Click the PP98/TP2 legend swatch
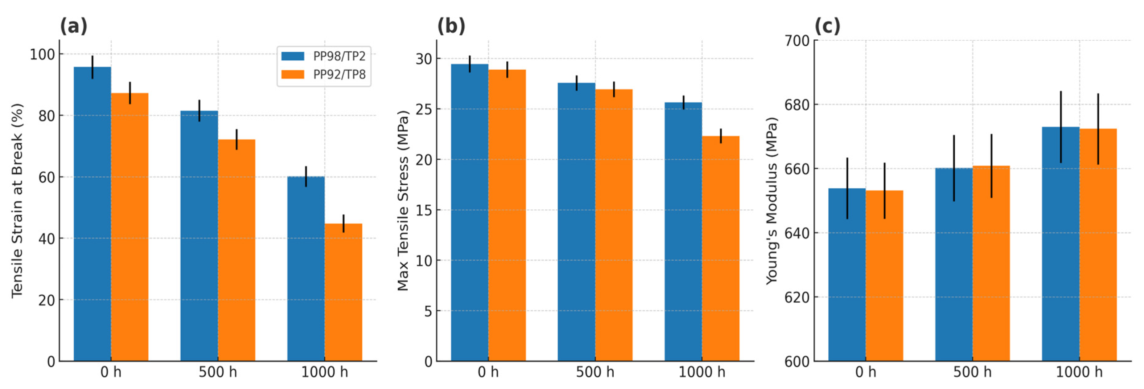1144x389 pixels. coord(293,56)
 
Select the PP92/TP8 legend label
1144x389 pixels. coord(339,75)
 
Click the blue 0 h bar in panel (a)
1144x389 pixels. coord(93,213)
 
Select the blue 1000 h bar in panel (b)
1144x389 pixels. coord(683,231)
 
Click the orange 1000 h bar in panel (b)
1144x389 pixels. coord(720,249)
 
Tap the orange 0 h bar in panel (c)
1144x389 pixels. coord(884,275)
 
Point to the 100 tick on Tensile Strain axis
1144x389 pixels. coord(42,55)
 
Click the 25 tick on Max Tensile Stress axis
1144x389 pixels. coord(424,109)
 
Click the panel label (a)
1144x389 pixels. coord(74,26)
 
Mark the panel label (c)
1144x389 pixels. coord(827,26)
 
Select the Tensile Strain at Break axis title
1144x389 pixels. coord(17,201)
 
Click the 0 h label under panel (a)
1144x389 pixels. coord(111,372)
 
